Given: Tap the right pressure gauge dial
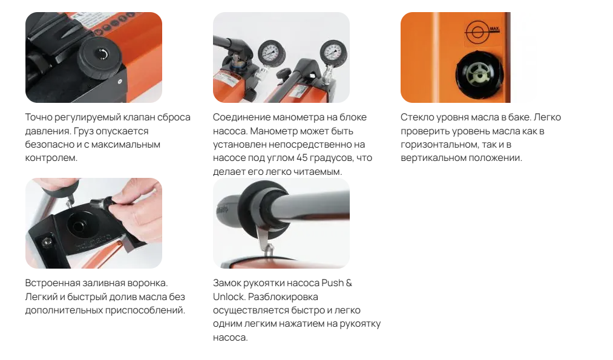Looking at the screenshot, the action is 333,52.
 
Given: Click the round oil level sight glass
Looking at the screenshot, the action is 479,74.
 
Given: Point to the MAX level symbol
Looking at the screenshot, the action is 482,31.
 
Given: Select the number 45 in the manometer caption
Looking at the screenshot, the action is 302,158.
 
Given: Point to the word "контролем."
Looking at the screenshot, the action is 51,159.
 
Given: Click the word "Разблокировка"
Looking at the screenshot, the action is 283,297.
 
